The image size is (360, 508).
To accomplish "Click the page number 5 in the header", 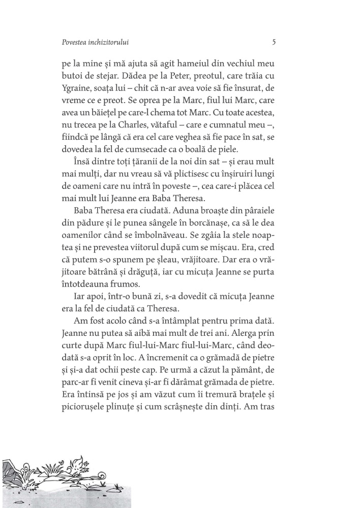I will (x=274, y=43).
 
